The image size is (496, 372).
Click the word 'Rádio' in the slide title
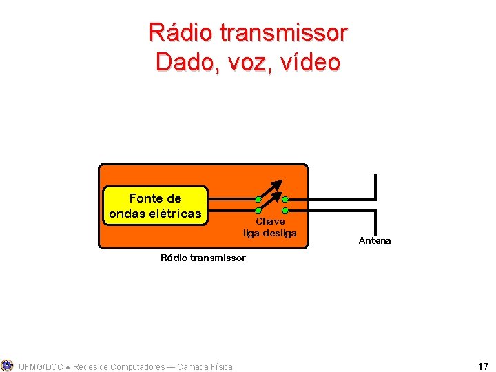tap(180, 32)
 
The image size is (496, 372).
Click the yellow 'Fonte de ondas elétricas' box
tap(155, 205)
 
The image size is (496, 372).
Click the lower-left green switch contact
tap(258, 209)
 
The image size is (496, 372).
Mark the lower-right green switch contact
tap(285, 209)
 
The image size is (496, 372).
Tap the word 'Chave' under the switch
tap(270, 222)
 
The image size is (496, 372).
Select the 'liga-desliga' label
tap(270, 233)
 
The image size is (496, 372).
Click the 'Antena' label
tap(375, 240)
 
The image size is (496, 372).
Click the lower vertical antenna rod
tap(375, 222)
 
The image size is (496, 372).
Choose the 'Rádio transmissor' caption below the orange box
tap(203, 258)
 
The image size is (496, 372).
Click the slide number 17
tap(483, 366)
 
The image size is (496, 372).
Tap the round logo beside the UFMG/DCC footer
tap(8, 365)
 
